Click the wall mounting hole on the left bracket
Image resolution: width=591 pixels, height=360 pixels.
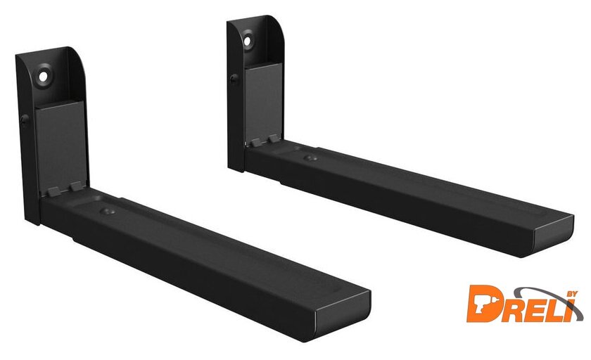pos(44,77)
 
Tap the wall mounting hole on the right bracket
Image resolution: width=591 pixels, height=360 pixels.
pos(247,41)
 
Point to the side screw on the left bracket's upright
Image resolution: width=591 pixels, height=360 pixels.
pos(25,120)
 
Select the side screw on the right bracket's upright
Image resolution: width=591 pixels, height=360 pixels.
pos(234,79)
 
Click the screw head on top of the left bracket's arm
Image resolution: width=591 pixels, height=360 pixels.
pos(108,211)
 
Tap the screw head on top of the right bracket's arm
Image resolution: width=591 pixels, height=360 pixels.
pos(310,157)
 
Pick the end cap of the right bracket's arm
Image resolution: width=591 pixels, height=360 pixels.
pos(553,237)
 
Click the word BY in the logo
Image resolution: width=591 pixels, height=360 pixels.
pos(572,295)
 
